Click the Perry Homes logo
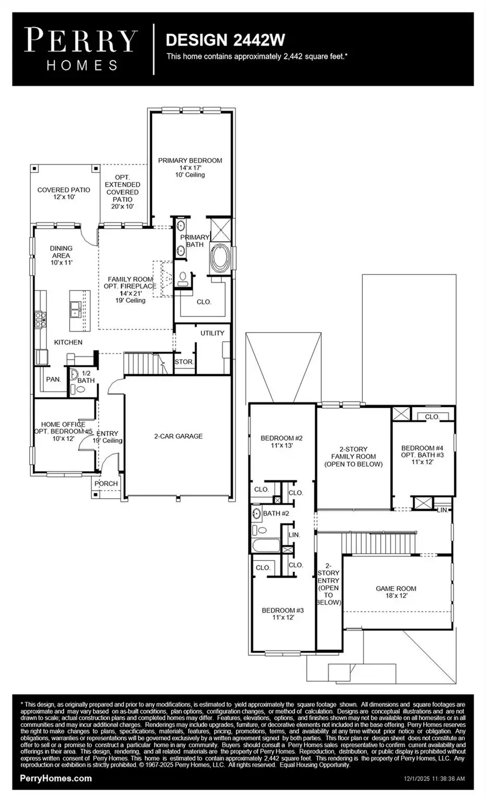click(x=82, y=49)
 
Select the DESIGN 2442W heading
click(x=225, y=40)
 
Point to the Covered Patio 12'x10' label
click(x=64, y=193)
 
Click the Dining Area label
click(x=61, y=255)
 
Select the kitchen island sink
click(x=76, y=310)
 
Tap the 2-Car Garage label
click(x=178, y=436)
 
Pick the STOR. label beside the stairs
click(x=184, y=362)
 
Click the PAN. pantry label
click(x=53, y=379)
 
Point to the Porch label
click(x=106, y=483)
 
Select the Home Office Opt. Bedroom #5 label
click(x=63, y=431)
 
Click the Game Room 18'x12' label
click(x=396, y=592)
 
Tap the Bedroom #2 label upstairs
click(x=281, y=442)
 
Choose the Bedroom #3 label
click(x=282, y=613)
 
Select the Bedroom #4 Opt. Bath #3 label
click(x=422, y=455)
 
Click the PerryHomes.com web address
click(x=56, y=778)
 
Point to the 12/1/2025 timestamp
click(x=434, y=779)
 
